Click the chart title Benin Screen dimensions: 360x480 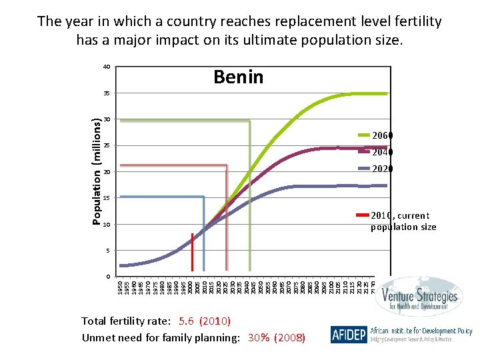238,77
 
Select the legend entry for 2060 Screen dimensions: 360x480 382,135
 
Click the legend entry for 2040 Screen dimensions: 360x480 382,152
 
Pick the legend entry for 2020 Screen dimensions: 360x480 382,169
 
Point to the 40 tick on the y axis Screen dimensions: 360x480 107,67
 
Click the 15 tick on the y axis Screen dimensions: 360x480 107,198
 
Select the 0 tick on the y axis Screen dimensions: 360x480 108,276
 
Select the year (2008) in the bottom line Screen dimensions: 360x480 290,338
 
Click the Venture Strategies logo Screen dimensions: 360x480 417,297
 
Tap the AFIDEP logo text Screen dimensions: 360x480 348,335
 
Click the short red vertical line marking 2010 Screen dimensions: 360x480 193,252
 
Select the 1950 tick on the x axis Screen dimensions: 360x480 120,288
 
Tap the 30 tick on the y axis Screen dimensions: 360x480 107,119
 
